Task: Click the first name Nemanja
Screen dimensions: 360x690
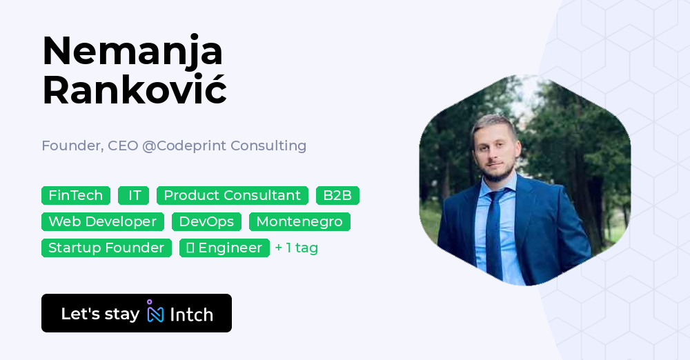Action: coord(132,52)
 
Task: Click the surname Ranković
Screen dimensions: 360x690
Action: coord(135,90)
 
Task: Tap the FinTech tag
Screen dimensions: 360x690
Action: coord(76,195)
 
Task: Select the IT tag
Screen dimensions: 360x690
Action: coord(134,195)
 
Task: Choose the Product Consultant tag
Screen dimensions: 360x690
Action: coord(232,195)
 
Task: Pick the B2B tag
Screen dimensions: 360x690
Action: coord(337,195)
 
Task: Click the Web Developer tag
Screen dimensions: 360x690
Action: coord(103,221)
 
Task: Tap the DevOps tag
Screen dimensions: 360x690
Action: coord(206,221)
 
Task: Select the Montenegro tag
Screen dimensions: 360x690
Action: coord(299,221)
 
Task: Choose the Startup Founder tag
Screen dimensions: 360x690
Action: coord(106,248)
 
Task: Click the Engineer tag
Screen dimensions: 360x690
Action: coord(224,248)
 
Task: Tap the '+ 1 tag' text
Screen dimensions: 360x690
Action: coord(296,248)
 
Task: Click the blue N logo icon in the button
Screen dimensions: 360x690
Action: coord(155,313)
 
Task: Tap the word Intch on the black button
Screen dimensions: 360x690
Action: coord(191,314)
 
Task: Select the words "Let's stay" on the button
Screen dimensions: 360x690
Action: coord(100,314)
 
